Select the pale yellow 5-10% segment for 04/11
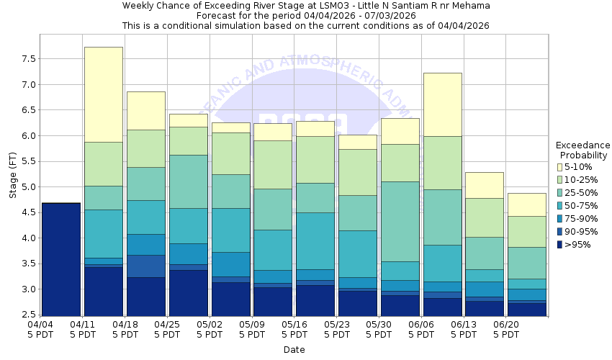pyautogui.click(x=104, y=94)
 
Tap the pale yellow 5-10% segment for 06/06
pyautogui.click(x=442, y=104)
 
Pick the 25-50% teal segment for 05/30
pyautogui.click(x=400, y=221)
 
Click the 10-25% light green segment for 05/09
pyautogui.click(x=273, y=164)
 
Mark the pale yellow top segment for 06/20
pyautogui.click(x=527, y=204)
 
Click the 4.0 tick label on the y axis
pyautogui.click(x=27, y=238)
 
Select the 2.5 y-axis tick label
pyautogui.click(x=27, y=315)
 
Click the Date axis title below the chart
pyautogui.click(x=294, y=350)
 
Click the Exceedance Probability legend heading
pyautogui.click(x=583, y=150)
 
